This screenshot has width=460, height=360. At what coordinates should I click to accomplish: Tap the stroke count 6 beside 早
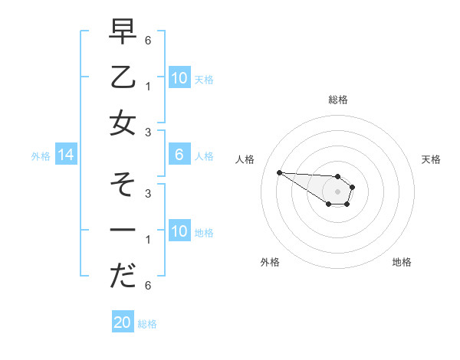[x=148, y=40]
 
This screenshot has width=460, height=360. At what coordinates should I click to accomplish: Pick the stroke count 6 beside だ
[x=148, y=286]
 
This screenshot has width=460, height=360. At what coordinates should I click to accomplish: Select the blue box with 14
[x=66, y=155]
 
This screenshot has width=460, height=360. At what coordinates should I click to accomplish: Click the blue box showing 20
[x=123, y=322]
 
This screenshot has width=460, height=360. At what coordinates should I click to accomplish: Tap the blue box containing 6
[x=179, y=155]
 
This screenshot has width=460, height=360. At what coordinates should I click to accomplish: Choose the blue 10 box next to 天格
[x=179, y=78]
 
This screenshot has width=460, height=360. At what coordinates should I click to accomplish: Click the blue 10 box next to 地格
[x=179, y=231]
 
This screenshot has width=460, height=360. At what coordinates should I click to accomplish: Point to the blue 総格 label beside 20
[x=147, y=324]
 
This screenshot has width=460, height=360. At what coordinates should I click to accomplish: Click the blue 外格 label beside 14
[x=41, y=156]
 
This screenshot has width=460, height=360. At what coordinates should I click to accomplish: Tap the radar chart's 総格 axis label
[x=337, y=100]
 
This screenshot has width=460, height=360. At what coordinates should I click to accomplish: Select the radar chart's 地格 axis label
[x=402, y=262]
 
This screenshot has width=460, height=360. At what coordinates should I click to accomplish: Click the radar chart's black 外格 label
[x=270, y=262]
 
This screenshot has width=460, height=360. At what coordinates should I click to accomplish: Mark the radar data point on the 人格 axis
[x=279, y=172]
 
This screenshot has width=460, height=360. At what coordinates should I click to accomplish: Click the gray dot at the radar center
[x=337, y=191]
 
